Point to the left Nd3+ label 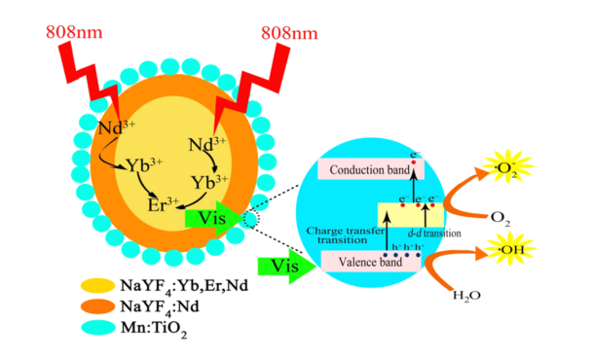click(117, 128)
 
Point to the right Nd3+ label click(206, 146)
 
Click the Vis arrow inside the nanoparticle click(211, 219)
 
